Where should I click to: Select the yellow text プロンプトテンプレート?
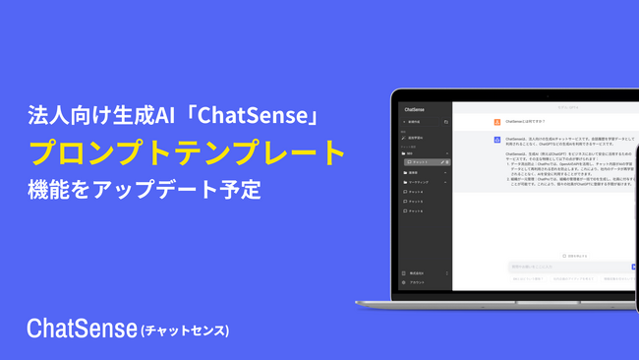[x=187, y=152]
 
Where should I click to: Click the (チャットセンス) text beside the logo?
[x=185, y=329]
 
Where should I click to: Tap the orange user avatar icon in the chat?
[x=498, y=123]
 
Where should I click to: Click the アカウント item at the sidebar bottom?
[x=417, y=281]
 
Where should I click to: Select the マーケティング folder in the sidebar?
[x=420, y=182]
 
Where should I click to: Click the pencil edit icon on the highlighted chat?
[x=443, y=161]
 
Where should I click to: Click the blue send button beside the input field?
[x=633, y=267]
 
